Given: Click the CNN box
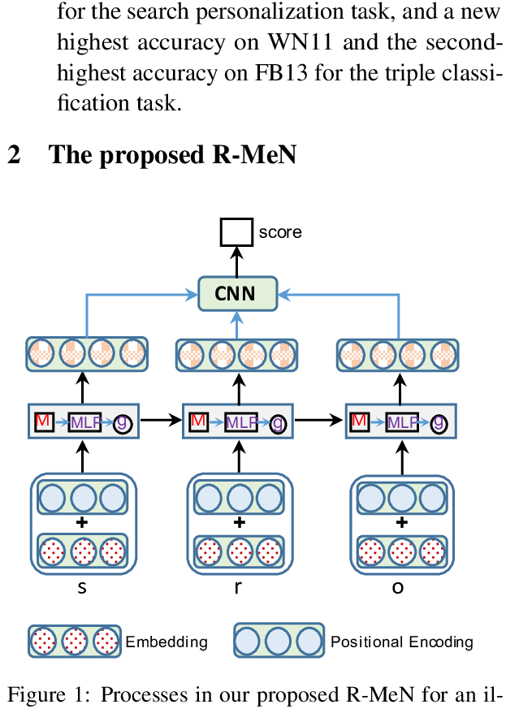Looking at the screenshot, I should point(238,293).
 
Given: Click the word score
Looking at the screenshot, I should point(280,232).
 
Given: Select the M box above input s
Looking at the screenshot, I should point(43,421).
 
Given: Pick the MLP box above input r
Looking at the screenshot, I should point(241,422).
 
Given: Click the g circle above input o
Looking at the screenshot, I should point(439,422).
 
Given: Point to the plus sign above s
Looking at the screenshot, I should point(81,522).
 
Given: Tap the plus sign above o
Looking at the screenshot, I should point(401,522).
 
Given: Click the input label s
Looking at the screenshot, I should point(81,587).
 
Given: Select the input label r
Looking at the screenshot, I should point(238,587).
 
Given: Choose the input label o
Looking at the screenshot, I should point(398,587).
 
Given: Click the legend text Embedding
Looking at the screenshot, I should point(167,642).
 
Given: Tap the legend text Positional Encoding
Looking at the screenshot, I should point(401,642).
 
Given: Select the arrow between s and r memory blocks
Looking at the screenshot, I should point(162,421).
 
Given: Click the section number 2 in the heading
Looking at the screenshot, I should point(13,154).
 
